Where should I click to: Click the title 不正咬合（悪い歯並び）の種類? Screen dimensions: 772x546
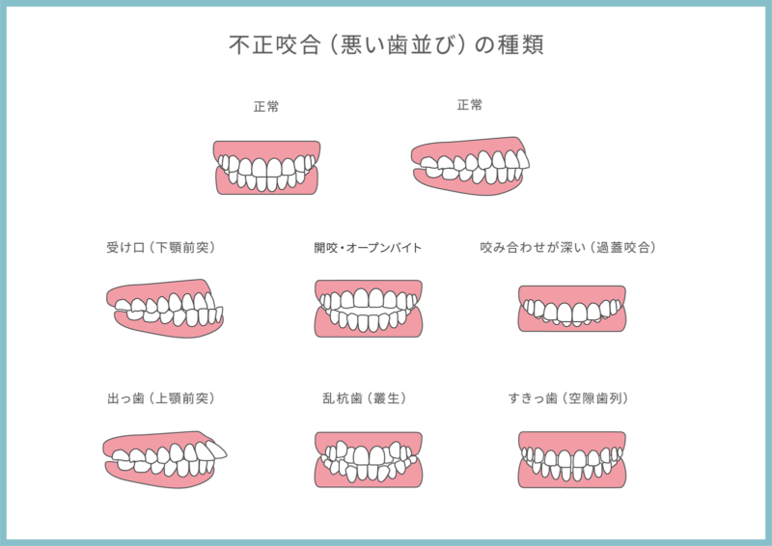tap(387, 44)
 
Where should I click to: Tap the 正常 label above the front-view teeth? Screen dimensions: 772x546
tap(266, 106)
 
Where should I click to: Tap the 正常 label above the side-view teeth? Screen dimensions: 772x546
tap(470, 105)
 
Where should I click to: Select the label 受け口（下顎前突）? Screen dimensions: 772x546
tap(161, 247)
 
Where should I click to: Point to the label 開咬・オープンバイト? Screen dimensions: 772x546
tap(368, 247)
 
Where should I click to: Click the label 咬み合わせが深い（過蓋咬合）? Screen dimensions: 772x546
tap(568, 247)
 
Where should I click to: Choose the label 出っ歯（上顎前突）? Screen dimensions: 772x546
tap(161, 397)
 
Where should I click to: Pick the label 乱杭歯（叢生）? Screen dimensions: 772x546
tap(365, 397)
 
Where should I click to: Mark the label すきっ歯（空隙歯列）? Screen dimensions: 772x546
tap(568, 397)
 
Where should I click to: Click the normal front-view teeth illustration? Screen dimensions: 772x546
tap(266, 168)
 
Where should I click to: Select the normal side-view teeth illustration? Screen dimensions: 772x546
tap(470, 166)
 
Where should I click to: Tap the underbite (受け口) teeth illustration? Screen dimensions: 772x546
tap(165, 309)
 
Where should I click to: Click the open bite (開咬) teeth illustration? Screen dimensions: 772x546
tap(369, 309)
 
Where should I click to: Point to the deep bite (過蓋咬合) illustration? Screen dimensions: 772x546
tap(571, 309)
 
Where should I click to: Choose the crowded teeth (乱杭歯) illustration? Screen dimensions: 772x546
tap(369, 460)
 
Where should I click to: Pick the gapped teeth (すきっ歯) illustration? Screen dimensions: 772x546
tap(571, 460)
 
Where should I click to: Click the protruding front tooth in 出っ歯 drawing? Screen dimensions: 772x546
tap(215, 449)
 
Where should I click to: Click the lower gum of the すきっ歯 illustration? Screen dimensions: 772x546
tap(571, 478)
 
